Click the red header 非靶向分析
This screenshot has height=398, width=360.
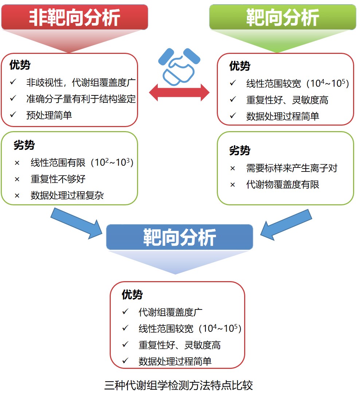coord(74,17)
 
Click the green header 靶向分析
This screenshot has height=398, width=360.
coord(282,17)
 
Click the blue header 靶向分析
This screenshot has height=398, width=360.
coord(180,237)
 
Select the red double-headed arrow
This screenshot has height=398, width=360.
coord(179,92)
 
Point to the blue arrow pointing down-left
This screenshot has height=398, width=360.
coord(286,225)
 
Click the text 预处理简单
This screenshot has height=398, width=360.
coord(49,115)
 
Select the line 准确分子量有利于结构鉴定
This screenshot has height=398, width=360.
coord(81,99)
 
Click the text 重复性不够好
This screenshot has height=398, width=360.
coord(58,179)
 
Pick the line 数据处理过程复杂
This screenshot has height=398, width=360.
coord(67,195)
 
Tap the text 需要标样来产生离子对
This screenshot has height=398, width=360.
coord(292,168)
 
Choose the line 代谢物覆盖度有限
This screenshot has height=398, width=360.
coord(283,184)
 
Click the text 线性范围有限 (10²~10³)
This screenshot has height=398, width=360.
coord(82,162)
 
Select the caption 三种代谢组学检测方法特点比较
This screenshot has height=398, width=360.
coord(179,385)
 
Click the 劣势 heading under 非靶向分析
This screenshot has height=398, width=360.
coord(24,145)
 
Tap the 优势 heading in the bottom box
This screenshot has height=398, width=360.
coord(132,295)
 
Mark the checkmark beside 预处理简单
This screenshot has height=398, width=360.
coord(13,115)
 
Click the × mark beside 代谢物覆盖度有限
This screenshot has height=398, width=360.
coord(232,185)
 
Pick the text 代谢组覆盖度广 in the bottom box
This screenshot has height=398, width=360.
coord(171,312)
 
